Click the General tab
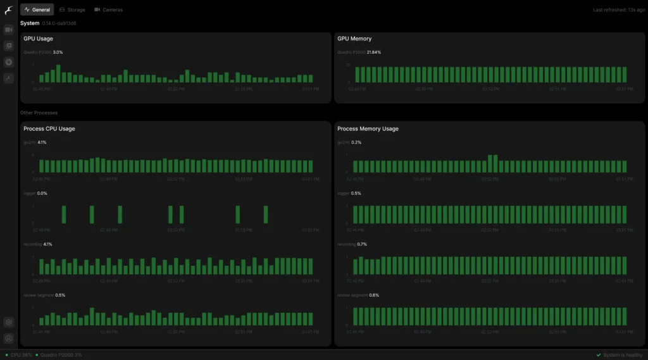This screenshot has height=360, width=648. (37, 10)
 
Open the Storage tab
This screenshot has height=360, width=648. (72, 10)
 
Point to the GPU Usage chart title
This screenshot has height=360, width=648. (38, 39)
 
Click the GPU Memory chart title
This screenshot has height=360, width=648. (354, 39)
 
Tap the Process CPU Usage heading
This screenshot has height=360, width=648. (49, 129)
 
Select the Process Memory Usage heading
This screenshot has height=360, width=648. (368, 129)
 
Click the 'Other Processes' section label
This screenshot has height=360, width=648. (39, 113)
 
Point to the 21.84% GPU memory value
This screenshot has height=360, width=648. (373, 52)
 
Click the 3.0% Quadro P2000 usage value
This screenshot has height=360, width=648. (58, 52)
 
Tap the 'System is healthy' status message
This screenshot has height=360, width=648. (623, 355)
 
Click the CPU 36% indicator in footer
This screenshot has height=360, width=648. (21, 355)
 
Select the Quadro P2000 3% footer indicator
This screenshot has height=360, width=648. (61, 355)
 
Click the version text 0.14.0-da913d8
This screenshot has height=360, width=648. (59, 23)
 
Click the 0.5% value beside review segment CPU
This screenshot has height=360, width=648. (60, 295)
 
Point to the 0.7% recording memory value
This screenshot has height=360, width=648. (362, 244)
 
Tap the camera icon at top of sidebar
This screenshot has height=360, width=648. (8, 30)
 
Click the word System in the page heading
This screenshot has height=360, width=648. (29, 23)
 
